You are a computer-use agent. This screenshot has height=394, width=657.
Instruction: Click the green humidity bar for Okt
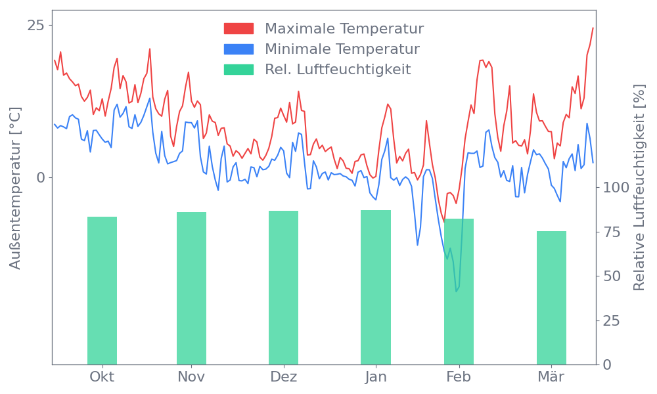coord(102,290)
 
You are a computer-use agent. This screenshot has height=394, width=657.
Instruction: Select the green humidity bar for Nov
coord(191,288)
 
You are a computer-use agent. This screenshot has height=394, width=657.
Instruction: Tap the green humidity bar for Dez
coord(283,287)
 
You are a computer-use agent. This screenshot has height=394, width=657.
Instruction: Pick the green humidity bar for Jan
coord(376,287)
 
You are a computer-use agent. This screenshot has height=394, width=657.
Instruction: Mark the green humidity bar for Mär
coord(551,297)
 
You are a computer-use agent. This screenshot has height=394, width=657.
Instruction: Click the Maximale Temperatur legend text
coord(344,29)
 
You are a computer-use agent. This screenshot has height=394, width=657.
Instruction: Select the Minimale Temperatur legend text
coord(342,49)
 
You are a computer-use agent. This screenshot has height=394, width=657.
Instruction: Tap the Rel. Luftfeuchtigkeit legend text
coord(338,70)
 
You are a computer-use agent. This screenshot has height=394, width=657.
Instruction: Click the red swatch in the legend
coord(238,29)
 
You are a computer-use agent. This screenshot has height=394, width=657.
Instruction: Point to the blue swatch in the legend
coord(238,49)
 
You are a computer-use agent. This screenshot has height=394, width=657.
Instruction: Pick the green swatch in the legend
coord(238,70)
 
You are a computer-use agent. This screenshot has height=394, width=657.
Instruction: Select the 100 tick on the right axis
coord(616,188)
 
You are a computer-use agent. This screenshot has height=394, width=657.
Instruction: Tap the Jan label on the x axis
coord(376,377)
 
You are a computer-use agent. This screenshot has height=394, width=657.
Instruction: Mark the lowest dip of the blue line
coord(457,290)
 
